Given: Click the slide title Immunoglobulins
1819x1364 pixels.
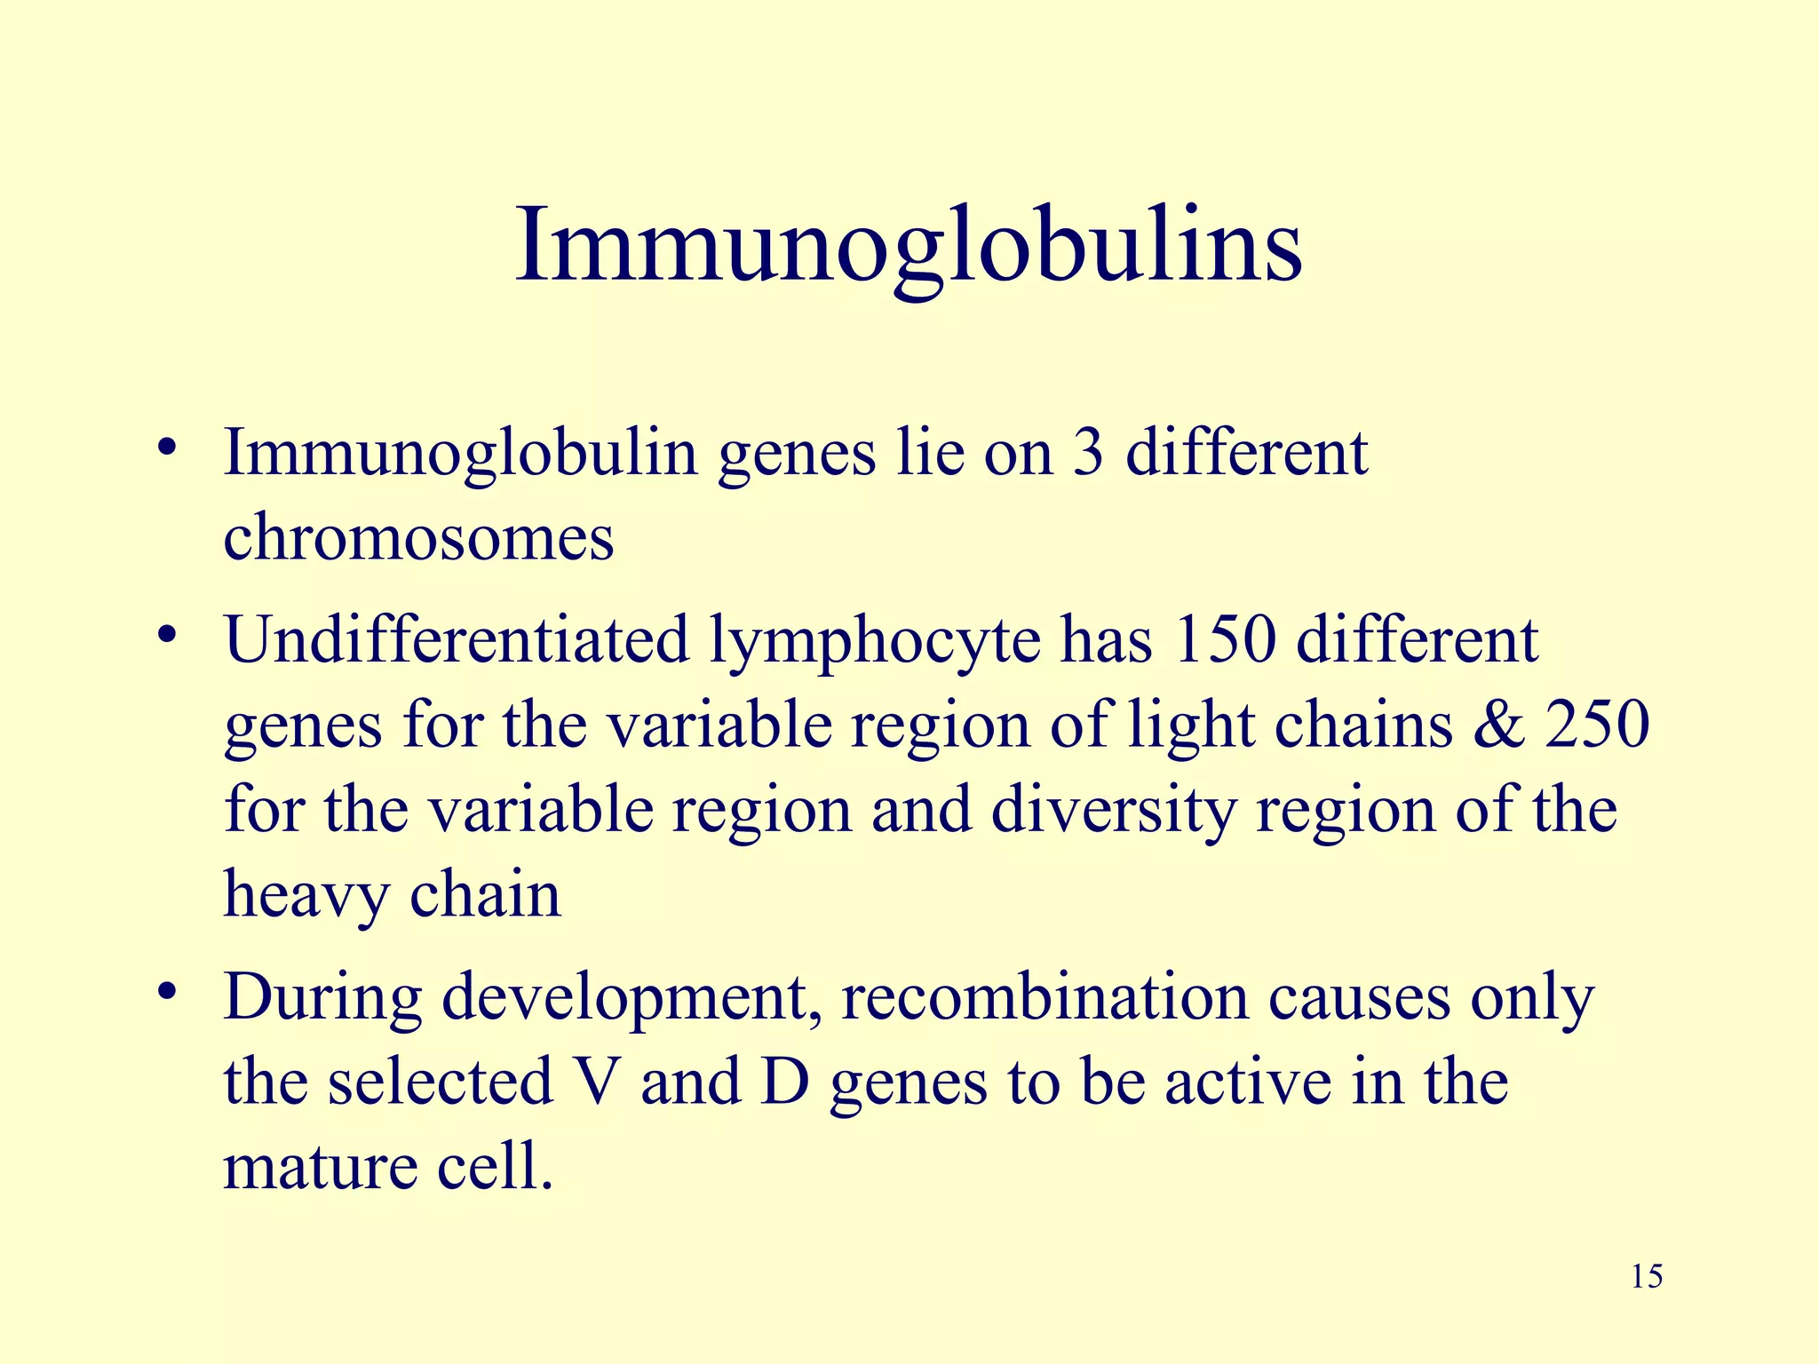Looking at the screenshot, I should click(909, 244).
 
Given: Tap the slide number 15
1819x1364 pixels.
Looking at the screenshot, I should click(1647, 1276).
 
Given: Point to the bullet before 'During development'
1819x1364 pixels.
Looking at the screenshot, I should click(165, 992).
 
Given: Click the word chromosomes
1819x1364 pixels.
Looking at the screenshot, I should click(418, 537).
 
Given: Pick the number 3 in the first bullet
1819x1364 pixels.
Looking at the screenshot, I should click(1087, 453).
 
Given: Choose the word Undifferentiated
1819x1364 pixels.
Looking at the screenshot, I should click(457, 639).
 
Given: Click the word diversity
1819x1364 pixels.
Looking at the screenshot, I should click(1114, 811).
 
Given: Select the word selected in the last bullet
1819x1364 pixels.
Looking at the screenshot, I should click(441, 1082).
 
